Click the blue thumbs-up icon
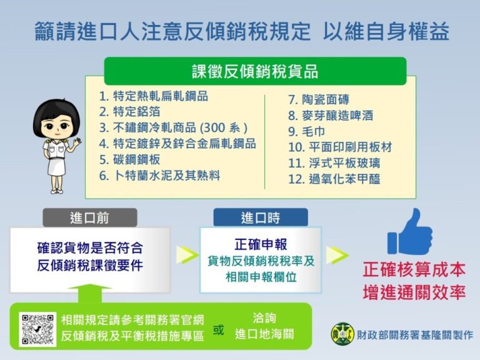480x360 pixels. (x=410, y=232)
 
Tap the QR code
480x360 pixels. (x=37, y=329)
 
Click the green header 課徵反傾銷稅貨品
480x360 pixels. (x=255, y=71)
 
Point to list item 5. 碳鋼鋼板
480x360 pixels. (x=133, y=159)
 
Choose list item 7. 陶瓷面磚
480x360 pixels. (x=318, y=99)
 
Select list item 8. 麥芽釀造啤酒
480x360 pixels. (x=330, y=116)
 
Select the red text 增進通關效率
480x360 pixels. (x=414, y=292)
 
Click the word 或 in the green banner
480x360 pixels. (x=218, y=331)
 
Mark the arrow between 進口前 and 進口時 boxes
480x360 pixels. (x=185, y=254)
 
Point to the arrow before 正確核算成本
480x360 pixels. (x=337, y=254)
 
